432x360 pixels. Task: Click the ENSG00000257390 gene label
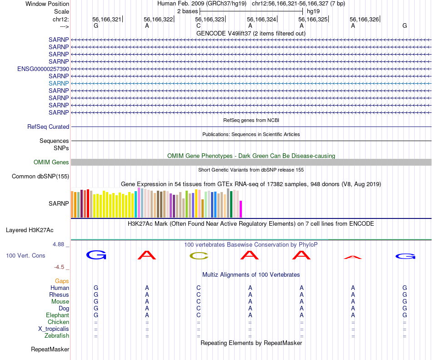tap(43, 69)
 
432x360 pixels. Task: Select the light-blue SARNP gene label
tap(59, 83)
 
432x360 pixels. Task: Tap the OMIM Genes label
tap(51, 162)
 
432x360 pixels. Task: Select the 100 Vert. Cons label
tap(25, 256)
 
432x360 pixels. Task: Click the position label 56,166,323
tap(210, 20)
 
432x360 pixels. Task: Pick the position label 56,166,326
tap(364, 20)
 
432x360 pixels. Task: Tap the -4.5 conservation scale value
tap(61, 267)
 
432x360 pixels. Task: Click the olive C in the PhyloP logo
tap(198, 256)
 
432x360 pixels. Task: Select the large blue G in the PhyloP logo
tap(96, 255)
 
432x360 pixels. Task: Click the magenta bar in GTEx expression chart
tap(241, 209)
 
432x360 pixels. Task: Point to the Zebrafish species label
tap(57, 336)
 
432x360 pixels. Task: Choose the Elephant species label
tap(57, 315)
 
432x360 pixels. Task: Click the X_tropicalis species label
tap(54, 329)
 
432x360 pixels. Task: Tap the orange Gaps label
tap(62, 281)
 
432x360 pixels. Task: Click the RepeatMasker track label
tap(50, 350)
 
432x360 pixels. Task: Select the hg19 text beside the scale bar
tap(313, 10)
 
